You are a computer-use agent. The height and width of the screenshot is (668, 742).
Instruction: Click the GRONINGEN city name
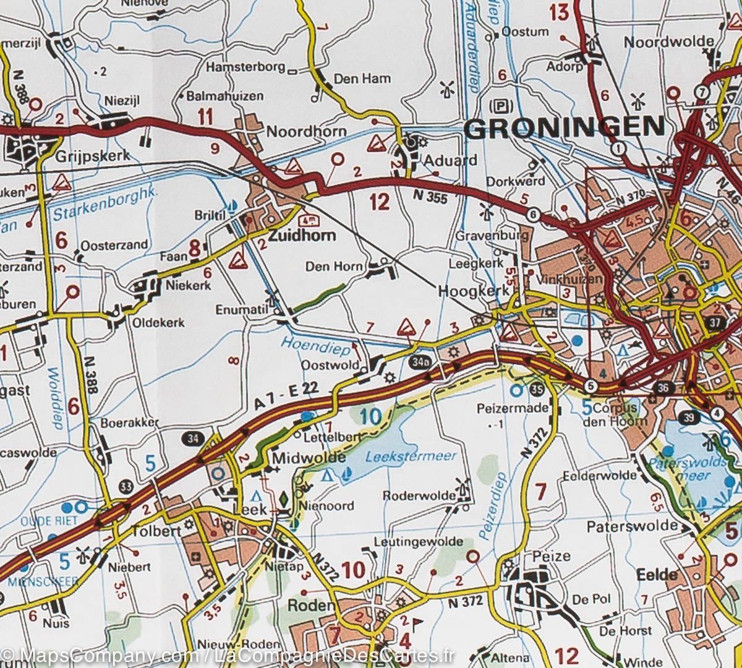pos(564,128)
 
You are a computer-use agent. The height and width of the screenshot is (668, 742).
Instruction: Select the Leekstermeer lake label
pos(411,456)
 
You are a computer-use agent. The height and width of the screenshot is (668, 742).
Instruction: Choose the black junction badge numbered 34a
pos(419,361)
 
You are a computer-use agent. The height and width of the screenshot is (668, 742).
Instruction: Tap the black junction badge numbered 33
pos(127,484)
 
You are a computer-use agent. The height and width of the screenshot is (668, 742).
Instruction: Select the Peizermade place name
pos(513,408)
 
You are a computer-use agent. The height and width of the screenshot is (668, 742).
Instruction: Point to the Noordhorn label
pos(297,132)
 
